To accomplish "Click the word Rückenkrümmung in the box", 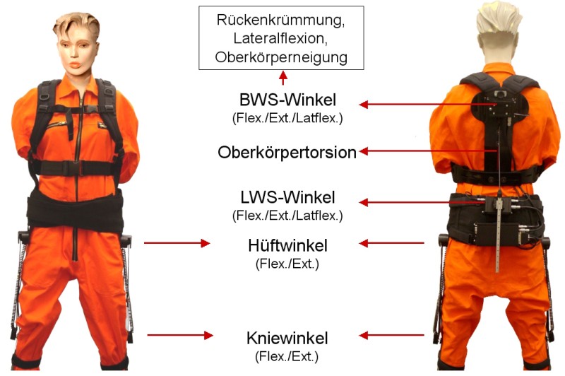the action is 280,20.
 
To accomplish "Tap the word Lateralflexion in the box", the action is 280,38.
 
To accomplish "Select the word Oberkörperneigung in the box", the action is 281,57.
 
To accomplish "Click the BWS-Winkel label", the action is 287,100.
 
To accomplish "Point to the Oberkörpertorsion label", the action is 287,153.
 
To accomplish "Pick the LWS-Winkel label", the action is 287,198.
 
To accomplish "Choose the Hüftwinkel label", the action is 287,246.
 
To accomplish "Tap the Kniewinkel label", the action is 287,339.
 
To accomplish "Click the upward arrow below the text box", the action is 283,78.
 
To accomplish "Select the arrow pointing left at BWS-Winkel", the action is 428,105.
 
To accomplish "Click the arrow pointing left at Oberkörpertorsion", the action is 429,151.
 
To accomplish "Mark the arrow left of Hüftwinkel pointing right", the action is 177,243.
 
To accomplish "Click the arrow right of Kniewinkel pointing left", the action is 392,336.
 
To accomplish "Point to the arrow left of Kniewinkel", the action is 180,335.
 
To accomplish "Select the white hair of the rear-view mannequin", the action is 499,17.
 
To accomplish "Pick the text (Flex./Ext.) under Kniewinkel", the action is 287,357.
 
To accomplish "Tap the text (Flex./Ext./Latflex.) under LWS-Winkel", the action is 287,216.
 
